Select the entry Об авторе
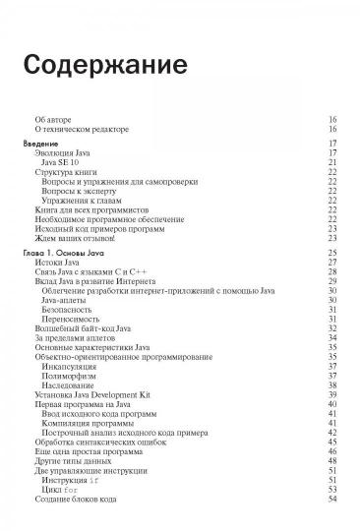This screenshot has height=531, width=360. point(53,118)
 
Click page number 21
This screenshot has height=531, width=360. point(332,162)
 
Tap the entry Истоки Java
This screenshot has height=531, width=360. point(57,264)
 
